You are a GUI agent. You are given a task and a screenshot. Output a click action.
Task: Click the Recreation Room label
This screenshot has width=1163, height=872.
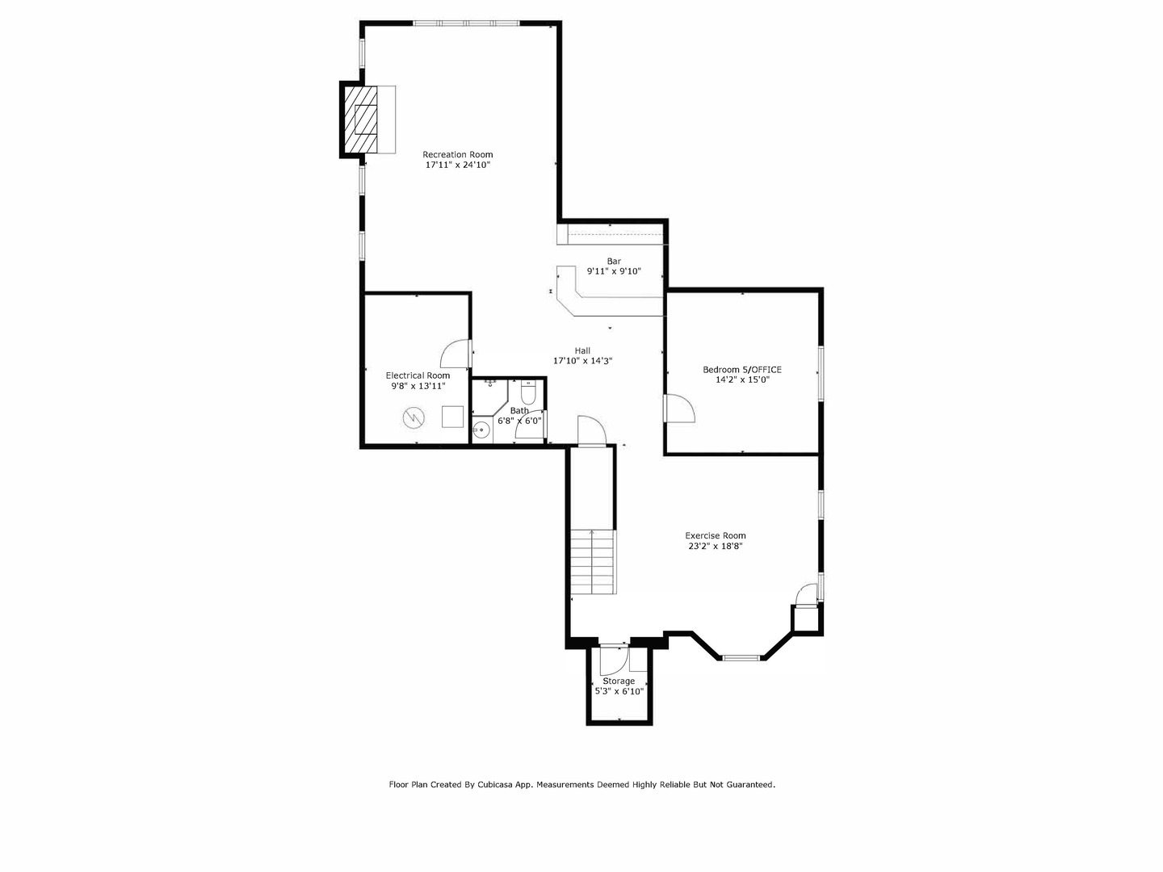[x=457, y=154]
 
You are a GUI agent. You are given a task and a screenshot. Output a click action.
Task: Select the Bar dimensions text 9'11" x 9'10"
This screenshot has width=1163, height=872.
[x=614, y=271]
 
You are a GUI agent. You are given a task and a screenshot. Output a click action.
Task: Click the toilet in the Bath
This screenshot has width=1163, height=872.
[x=528, y=394]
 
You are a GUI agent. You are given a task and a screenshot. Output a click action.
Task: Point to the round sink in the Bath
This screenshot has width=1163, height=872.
[x=481, y=430]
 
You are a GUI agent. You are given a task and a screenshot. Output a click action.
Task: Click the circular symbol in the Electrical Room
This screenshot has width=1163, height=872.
[x=413, y=417]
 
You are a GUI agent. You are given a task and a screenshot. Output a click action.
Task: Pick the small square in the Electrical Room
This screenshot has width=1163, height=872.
[x=452, y=416]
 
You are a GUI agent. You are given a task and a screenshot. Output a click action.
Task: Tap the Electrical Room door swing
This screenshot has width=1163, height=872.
[x=455, y=352]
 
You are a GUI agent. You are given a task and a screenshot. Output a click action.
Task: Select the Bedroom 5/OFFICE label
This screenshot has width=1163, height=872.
[x=741, y=369]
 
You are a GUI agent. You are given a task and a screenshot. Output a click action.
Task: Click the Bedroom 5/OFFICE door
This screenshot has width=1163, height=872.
[x=678, y=409]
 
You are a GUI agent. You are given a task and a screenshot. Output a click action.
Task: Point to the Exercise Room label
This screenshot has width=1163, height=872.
[x=715, y=535]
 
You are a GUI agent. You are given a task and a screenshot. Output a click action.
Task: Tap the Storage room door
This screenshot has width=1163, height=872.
[x=612, y=660]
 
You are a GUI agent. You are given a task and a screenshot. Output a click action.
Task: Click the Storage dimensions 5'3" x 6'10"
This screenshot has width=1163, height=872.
[x=619, y=691]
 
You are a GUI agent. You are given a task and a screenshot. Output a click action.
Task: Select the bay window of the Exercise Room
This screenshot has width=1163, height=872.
[x=741, y=658]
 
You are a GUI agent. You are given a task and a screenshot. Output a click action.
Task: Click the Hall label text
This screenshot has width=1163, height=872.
[x=582, y=350]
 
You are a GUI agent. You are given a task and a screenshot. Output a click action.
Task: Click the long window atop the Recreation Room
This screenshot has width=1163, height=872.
[x=468, y=23]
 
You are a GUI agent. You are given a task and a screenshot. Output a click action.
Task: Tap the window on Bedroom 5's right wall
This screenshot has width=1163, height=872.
[x=821, y=373]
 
